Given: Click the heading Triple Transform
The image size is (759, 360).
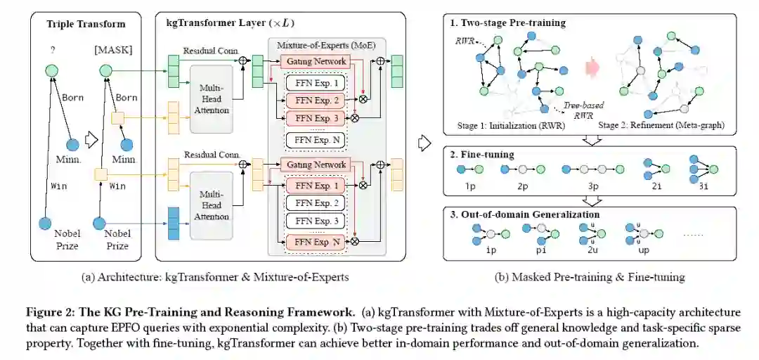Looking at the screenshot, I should click(x=86, y=24).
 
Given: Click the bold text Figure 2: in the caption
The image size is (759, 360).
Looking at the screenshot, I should click(x=46, y=311).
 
